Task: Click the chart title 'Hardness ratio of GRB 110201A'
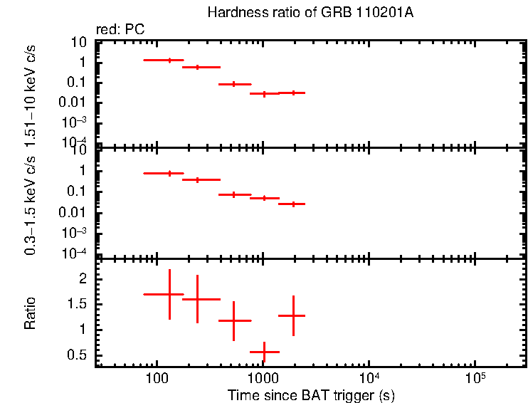click(x=310, y=13)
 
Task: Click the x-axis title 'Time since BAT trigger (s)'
click(x=311, y=394)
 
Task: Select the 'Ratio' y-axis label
click(x=31, y=313)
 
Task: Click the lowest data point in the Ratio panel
click(x=264, y=352)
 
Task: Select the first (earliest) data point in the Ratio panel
click(x=169, y=294)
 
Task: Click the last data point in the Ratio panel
click(x=292, y=315)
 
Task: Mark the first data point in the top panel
click(x=169, y=61)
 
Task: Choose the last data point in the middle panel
click(x=292, y=204)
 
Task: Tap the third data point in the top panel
click(x=233, y=84)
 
